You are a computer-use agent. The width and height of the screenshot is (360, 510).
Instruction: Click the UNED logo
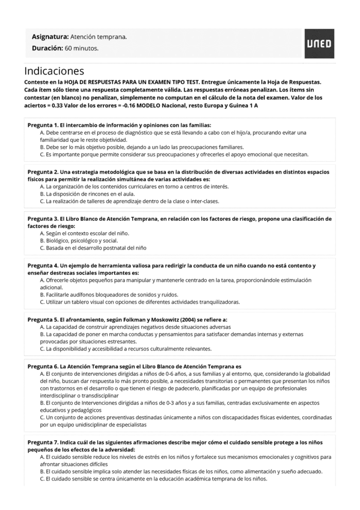[319, 42]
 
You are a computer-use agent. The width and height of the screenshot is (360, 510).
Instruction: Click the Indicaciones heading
[54, 71]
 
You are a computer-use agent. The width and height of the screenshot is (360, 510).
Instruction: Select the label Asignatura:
[50, 37]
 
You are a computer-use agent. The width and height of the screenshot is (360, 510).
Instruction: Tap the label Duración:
[47, 48]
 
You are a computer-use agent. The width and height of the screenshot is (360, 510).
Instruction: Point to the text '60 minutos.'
[82, 48]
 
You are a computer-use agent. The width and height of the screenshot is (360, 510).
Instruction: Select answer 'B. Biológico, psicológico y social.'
[79, 240]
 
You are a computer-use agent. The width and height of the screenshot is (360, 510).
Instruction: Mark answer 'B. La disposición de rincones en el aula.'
[87, 194]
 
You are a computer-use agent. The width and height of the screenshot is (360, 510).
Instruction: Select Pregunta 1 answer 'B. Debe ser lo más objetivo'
[142, 147]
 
